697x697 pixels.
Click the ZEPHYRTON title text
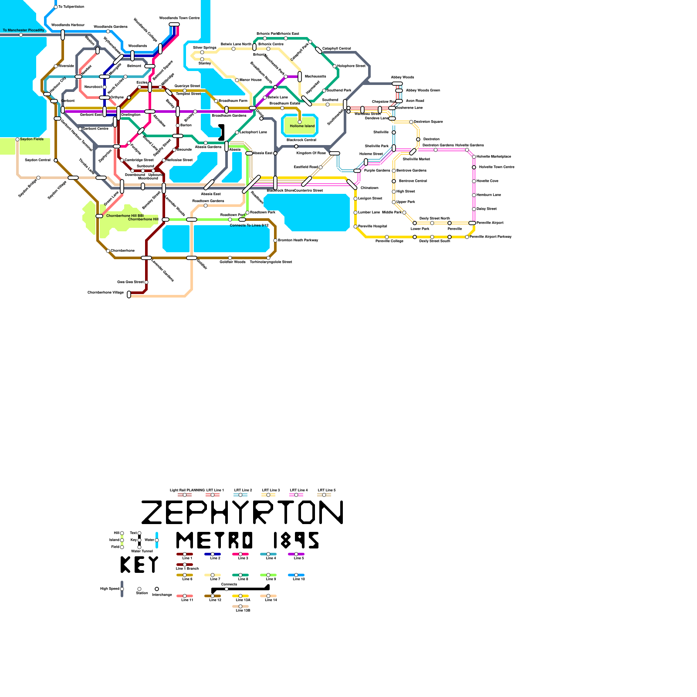(242, 512)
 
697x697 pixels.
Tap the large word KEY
(139, 565)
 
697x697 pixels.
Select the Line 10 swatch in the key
(296, 575)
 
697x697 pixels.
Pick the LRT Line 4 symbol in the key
(296, 495)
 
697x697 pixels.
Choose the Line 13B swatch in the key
(240, 606)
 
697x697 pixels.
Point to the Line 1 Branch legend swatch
(185, 565)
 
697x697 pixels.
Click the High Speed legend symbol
(122, 589)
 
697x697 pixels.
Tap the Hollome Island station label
(302, 126)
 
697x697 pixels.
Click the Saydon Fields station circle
(17, 139)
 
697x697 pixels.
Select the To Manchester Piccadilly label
(24, 30)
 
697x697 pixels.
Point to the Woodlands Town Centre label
(179, 18)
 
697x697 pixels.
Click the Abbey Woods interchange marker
(397, 84)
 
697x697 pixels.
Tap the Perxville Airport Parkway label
(491, 237)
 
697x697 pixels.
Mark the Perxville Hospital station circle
(355, 227)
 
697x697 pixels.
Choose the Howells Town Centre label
(497, 167)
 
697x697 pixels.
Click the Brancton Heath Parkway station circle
(275, 240)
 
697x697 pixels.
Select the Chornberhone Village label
(106, 293)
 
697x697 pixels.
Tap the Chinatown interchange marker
(352, 184)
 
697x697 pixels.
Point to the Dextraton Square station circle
(411, 122)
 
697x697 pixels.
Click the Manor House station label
(250, 80)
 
